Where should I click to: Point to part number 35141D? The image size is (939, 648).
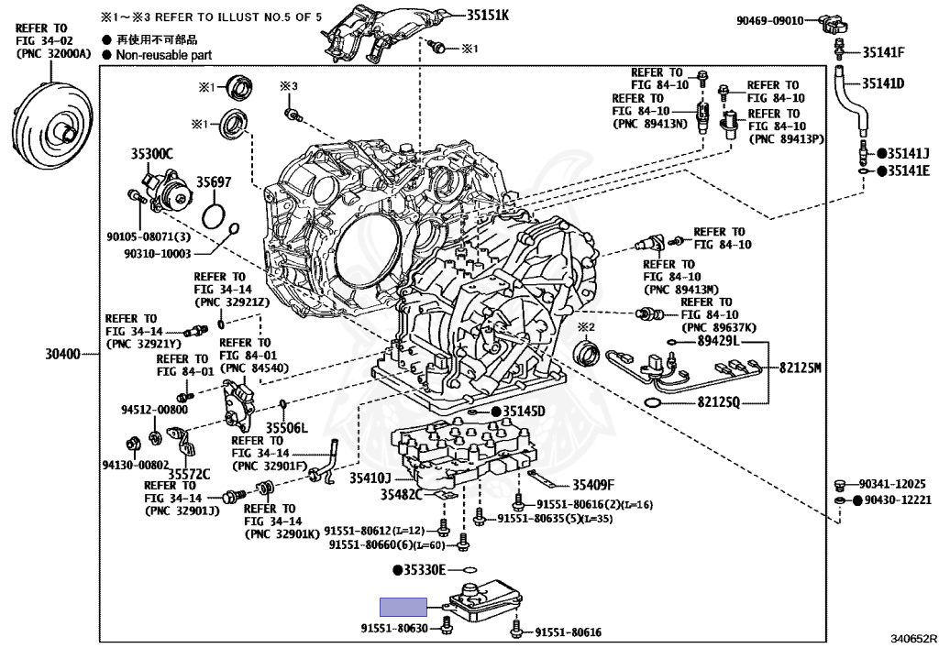[883, 83]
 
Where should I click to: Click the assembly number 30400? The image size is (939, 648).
[64, 353]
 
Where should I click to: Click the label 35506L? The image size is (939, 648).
[287, 428]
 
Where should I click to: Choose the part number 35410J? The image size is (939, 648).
[370, 478]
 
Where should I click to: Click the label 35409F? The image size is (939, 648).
[593, 485]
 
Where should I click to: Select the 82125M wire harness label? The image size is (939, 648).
[801, 368]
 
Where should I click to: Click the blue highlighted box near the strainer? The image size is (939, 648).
[404, 606]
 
